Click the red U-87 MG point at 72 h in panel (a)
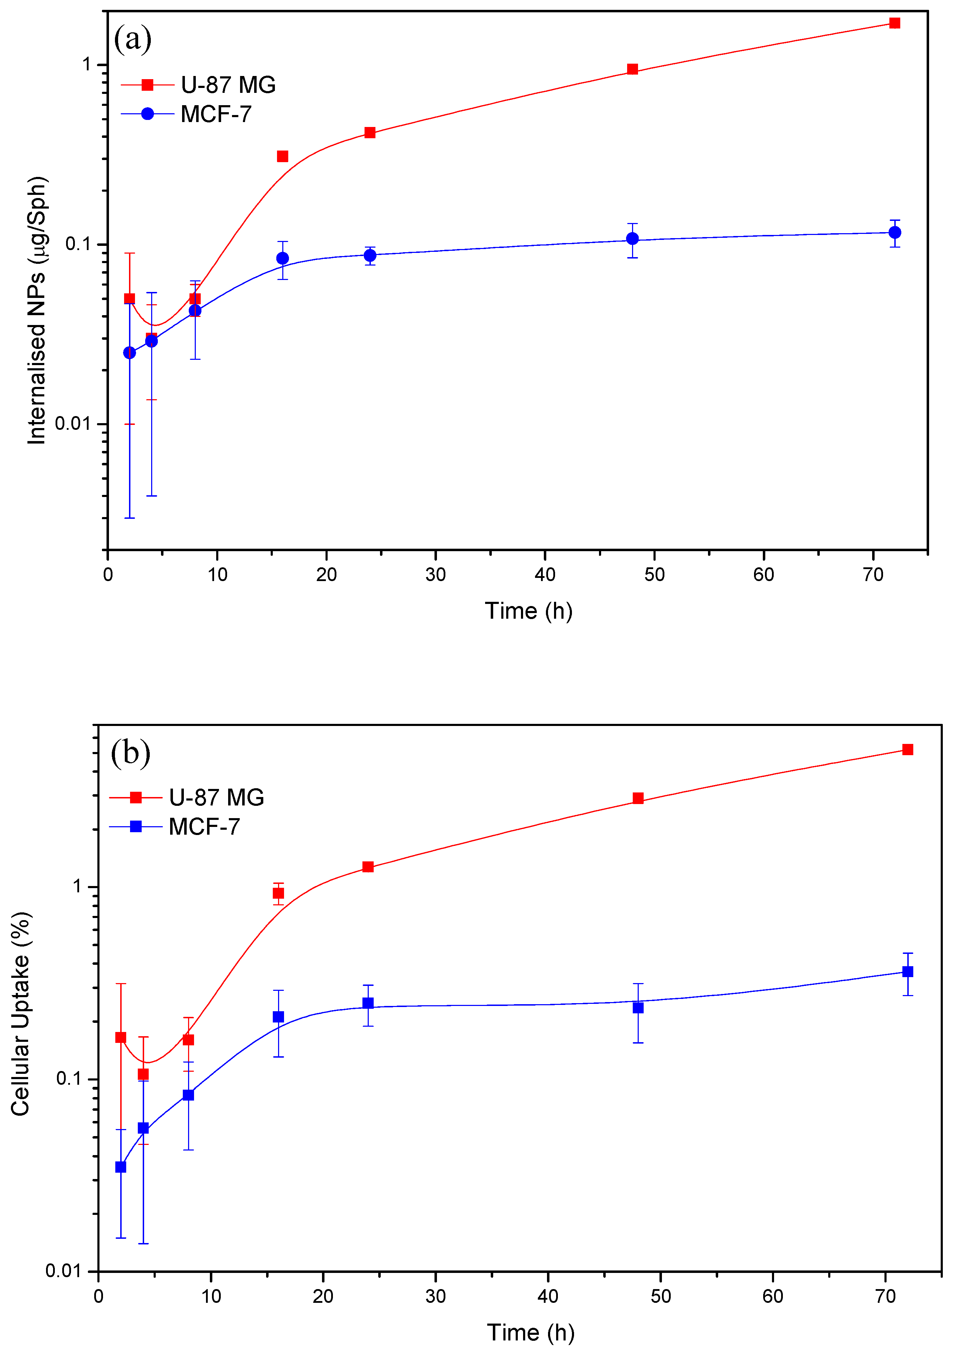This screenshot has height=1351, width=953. coord(894,23)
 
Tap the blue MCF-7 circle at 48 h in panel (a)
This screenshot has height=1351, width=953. coord(632,238)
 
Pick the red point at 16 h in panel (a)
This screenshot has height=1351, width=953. coord(282,156)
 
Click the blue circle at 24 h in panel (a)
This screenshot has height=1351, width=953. coord(370,255)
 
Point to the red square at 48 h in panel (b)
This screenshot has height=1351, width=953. coord(638,798)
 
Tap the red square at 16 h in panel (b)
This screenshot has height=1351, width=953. coord(278,893)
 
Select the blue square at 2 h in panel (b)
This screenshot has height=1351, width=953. coord(121,1167)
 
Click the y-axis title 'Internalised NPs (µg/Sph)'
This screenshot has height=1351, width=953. coord(37,310)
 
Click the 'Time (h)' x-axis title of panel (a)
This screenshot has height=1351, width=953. coord(528,611)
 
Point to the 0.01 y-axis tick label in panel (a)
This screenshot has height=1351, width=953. coord(76,423)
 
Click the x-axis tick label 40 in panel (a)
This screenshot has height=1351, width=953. coord(545,574)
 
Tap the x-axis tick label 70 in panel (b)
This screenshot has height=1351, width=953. coord(885,1296)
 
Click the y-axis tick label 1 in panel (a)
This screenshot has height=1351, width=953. coord(87,64)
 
